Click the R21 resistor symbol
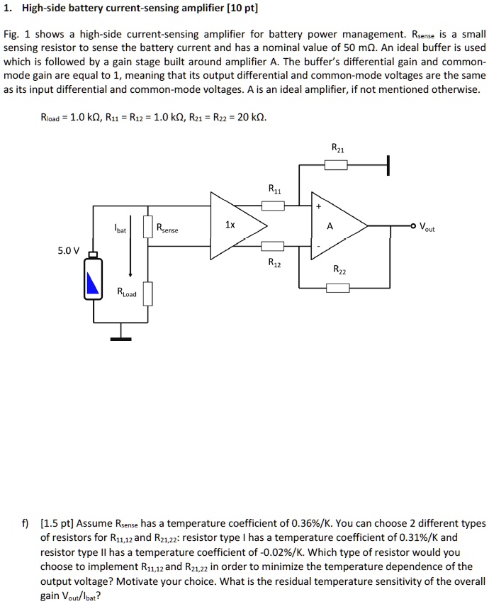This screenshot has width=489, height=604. (336, 165)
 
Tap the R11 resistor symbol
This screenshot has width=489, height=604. (274, 206)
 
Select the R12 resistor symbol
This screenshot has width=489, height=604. (274, 246)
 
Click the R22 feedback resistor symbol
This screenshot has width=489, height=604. (337, 288)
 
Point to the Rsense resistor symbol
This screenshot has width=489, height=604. (148, 228)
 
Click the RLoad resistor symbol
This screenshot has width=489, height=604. (148, 293)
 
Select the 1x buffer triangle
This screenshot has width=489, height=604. (234, 226)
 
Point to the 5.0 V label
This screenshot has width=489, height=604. (69, 250)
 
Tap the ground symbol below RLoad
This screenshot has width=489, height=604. (120, 338)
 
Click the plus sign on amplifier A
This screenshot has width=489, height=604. (319, 207)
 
